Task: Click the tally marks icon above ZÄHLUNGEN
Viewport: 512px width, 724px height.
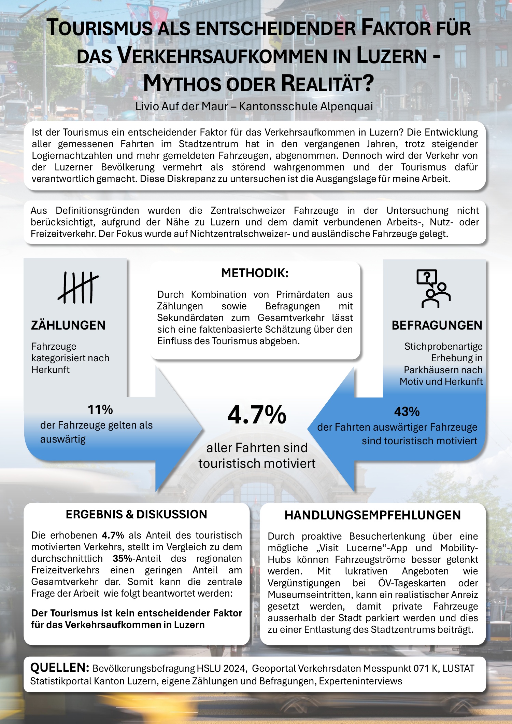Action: click(x=78, y=288)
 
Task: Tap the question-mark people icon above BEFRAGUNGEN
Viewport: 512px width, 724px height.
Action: click(x=433, y=289)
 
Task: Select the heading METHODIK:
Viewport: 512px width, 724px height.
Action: click(x=255, y=273)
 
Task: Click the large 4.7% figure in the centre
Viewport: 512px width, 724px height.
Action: click(x=257, y=415)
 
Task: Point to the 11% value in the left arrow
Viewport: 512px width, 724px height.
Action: click(x=100, y=409)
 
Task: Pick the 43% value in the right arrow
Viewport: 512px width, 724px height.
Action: click(x=407, y=412)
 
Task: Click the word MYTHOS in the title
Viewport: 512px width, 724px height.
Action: click(x=181, y=84)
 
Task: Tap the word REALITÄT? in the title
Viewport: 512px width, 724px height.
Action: click(x=327, y=84)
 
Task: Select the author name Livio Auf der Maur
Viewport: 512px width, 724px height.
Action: click(x=181, y=107)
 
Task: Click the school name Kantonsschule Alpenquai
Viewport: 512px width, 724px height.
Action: click(x=306, y=107)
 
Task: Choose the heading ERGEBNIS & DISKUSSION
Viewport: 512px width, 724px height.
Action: click(x=136, y=514)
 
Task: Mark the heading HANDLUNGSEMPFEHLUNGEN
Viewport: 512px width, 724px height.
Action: click(x=373, y=515)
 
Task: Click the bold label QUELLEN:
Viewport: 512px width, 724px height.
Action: click(x=60, y=667)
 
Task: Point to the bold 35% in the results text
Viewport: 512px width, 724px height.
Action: click(x=122, y=558)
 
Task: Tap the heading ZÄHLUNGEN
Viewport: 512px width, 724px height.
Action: click(x=68, y=325)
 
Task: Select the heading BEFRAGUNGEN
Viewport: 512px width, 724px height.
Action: click(x=437, y=325)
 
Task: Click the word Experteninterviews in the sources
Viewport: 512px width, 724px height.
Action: click(x=360, y=681)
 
